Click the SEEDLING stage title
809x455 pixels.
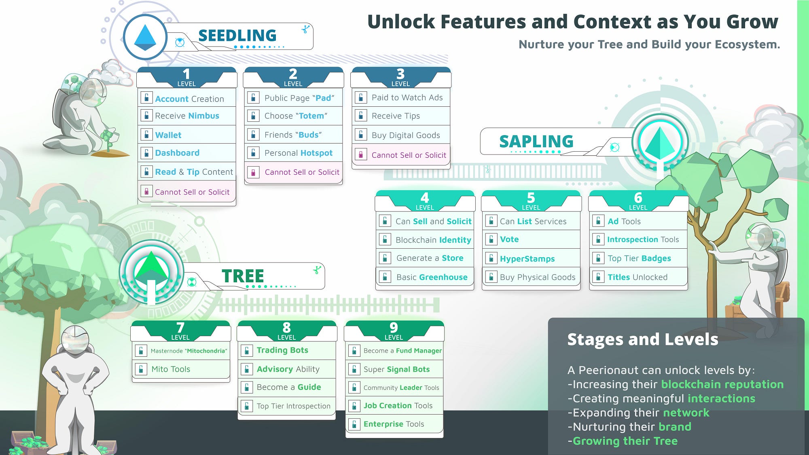(237, 36)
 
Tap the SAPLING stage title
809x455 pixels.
(536, 142)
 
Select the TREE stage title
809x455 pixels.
(243, 276)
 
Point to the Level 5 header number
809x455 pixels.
(531, 197)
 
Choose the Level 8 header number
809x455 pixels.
(286, 327)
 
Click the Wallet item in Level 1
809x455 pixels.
(168, 135)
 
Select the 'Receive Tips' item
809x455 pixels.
(396, 116)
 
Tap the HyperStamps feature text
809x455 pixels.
(527, 259)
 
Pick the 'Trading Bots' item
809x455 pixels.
(282, 350)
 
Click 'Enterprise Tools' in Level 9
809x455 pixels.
(394, 424)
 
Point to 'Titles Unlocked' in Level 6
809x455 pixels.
(637, 277)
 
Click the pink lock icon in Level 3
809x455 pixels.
(360, 154)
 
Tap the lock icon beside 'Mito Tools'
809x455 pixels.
(141, 369)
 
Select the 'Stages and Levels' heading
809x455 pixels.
(643, 339)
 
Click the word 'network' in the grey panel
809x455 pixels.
(686, 413)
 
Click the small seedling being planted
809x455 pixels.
(108, 140)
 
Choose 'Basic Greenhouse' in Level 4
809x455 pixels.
(432, 277)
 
